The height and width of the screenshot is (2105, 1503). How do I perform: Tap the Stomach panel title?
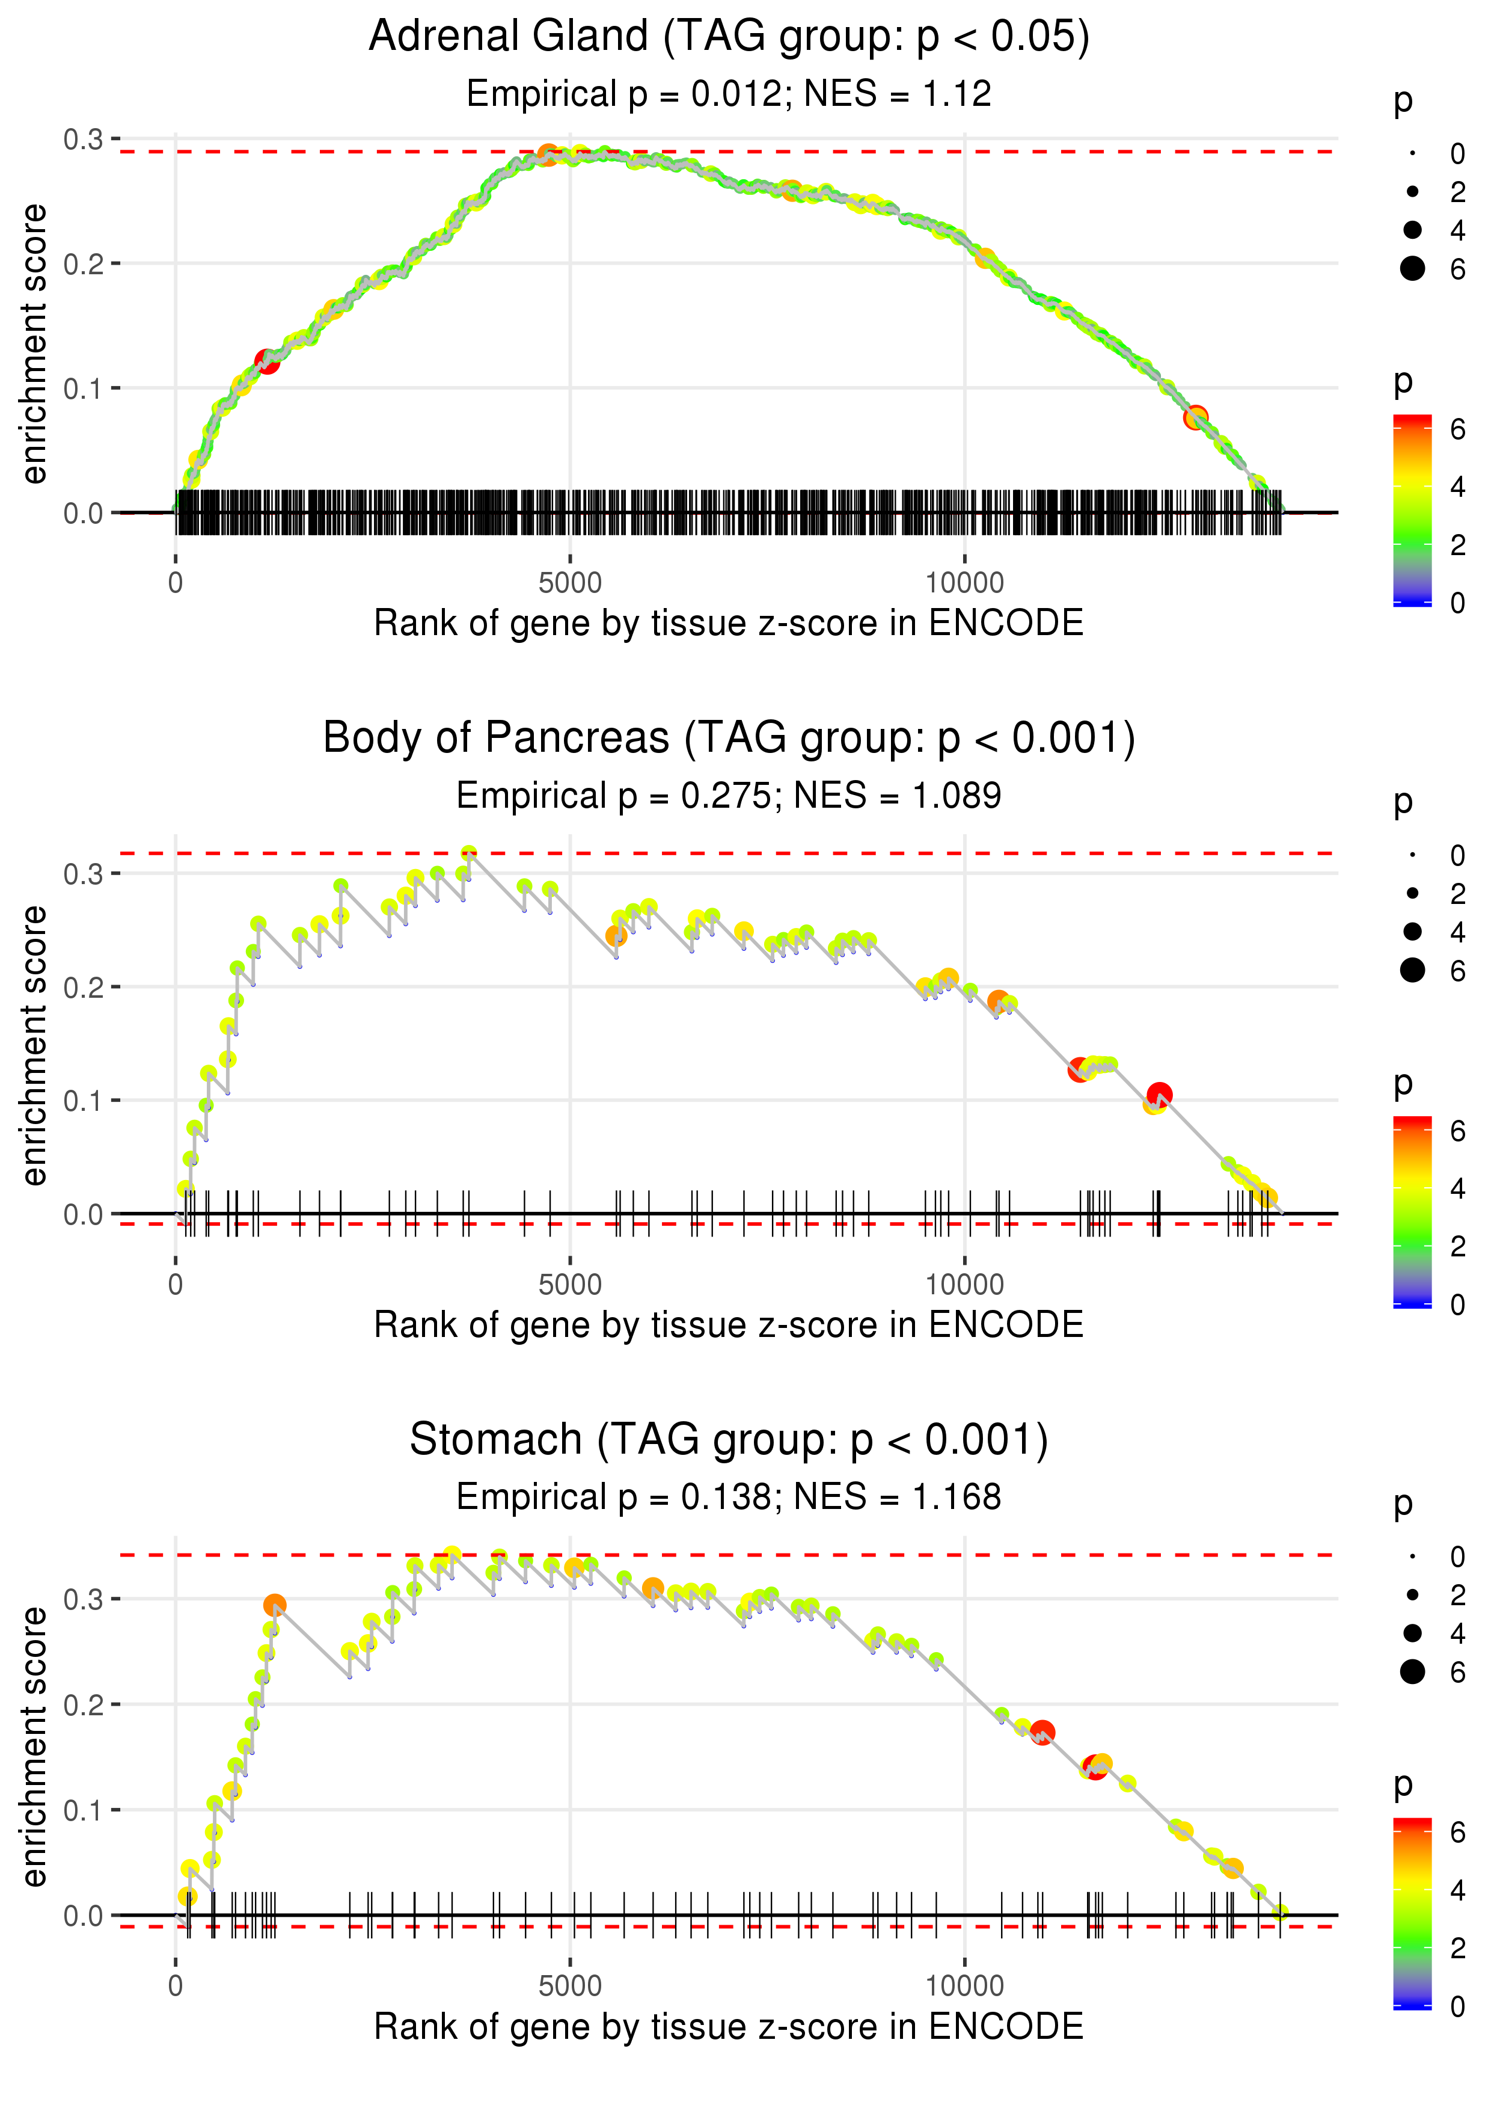click(729, 1440)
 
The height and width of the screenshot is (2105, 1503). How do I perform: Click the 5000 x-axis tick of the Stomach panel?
click(569, 1985)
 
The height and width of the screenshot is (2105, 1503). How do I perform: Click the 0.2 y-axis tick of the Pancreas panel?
click(84, 988)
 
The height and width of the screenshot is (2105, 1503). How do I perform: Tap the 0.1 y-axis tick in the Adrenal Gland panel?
click(84, 389)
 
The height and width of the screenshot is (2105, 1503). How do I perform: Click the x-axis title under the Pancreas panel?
click(729, 1325)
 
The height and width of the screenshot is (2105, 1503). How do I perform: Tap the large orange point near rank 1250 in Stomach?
click(274, 1604)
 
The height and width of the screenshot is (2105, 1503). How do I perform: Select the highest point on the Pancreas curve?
click(469, 853)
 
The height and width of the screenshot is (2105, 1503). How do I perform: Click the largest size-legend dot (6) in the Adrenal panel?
click(1412, 268)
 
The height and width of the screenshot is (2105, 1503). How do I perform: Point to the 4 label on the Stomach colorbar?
click(1458, 1890)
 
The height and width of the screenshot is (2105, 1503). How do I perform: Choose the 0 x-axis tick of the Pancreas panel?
click(175, 1284)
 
